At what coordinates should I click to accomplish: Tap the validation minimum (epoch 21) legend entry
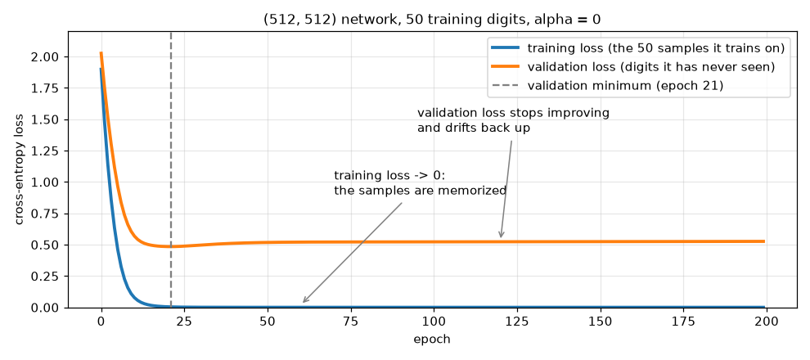pyautogui.click(x=607, y=86)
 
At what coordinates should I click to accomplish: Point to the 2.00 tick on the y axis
pyautogui.click(x=47, y=56)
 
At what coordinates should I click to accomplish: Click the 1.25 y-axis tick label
pyautogui.click(x=47, y=151)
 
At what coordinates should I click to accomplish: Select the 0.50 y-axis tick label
pyautogui.click(x=47, y=245)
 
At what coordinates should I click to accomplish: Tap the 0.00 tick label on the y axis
pyautogui.click(x=47, y=308)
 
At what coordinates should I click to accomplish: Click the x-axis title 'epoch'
pyautogui.click(x=432, y=340)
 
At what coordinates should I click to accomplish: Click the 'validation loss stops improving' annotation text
pyautogui.click(x=513, y=113)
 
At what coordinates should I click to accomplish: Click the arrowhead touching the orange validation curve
pyautogui.click(x=501, y=235)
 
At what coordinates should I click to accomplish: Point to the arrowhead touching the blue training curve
pyautogui.click(x=305, y=299)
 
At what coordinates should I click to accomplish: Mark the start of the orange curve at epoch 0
pyautogui.click(x=101, y=53)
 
